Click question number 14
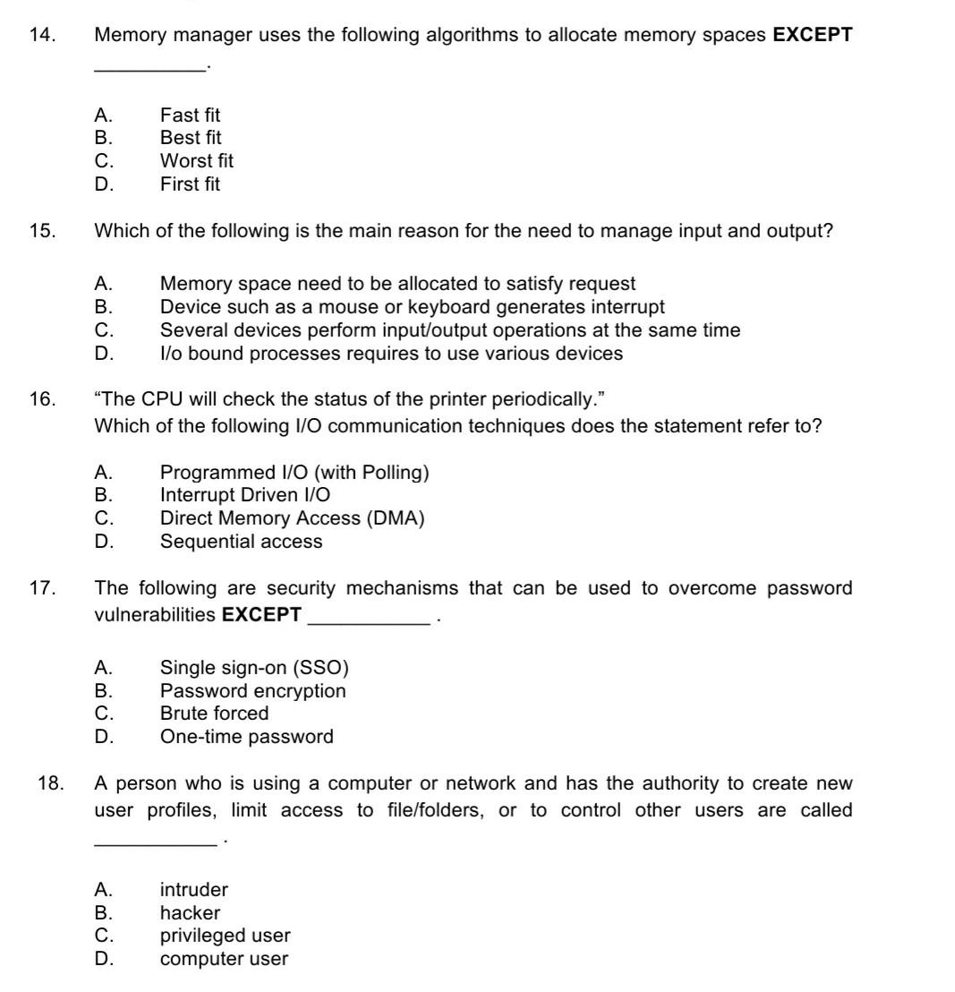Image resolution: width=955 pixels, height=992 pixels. pos(41,36)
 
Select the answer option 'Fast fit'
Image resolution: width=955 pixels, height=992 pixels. pos(190,115)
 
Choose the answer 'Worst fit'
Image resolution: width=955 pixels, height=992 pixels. pos(196,161)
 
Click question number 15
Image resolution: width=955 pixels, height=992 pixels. pos(41,231)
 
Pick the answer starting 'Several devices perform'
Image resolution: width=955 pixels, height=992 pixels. pos(449,330)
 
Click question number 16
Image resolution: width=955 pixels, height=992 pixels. pos(41,399)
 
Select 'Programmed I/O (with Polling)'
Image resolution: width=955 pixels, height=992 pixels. pos(294,473)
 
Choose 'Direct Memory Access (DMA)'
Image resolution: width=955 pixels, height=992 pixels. pos(292,518)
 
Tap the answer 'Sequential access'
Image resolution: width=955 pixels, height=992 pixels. pos(241,542)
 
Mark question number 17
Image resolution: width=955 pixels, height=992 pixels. pos(41,589)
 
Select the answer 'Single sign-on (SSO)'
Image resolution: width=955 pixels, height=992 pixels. pos(254,668)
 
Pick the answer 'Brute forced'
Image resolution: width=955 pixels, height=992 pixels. pos(214,714)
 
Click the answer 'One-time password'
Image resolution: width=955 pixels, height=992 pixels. pos(246,737)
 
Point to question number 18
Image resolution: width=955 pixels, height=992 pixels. pos(50,784)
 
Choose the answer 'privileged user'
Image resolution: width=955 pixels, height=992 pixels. pos(225,936)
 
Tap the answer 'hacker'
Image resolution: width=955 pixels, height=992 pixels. pos(190,913)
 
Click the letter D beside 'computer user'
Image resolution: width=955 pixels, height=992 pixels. pos(104,959)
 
